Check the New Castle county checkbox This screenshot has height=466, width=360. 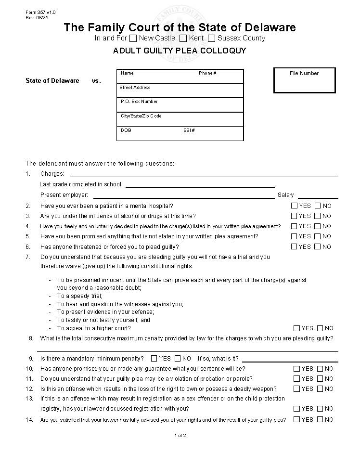click(x=133, y=38)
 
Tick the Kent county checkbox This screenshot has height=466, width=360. click(x=183, y=38)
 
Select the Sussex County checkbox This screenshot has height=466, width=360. click(x=211, y=38)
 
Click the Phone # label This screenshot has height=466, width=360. click(x=207, y=73)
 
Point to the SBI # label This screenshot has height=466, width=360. click(x=189, y=130)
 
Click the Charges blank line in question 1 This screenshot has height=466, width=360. click(x=204, y=174)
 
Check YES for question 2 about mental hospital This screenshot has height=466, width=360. click(x=295, y=206)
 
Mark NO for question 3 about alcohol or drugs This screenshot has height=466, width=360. click(x=318, y=216)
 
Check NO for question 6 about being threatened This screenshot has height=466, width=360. click(x=318, y=246)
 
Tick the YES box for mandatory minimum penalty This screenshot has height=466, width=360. click(x=154, y=359)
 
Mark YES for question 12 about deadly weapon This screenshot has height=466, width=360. click(x=297, y=389)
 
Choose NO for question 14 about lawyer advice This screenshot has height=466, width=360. click(x=320, y=419)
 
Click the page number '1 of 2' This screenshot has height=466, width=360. click(x=180, y=436)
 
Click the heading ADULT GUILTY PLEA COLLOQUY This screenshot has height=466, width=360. click(x=180, y=51)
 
